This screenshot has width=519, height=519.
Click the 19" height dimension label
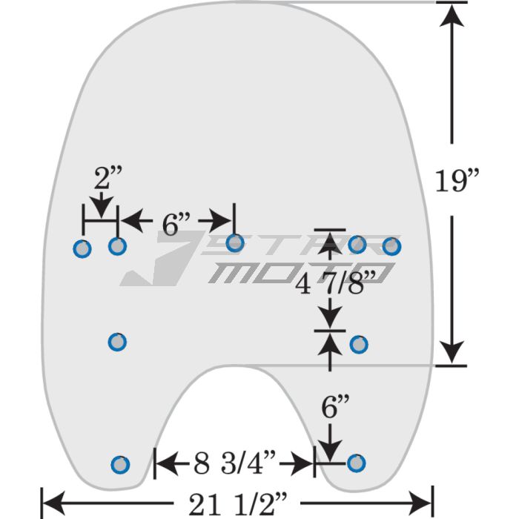457,180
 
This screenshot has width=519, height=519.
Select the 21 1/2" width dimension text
238,503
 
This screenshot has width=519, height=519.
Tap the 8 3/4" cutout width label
235,463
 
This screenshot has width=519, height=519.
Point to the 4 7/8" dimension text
336,283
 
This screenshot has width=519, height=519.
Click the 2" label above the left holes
108,177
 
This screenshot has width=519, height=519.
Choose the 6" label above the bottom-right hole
335,406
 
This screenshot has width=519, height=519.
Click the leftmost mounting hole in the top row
82,249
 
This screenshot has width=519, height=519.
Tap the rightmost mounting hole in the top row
392,246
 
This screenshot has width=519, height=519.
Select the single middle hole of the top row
235,243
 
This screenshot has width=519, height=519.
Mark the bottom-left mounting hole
120,465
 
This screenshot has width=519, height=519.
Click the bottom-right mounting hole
356,463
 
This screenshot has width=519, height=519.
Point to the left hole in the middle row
117,342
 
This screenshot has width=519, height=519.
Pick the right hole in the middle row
359,345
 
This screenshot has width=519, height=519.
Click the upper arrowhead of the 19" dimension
452,15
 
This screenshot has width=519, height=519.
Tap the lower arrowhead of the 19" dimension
452,352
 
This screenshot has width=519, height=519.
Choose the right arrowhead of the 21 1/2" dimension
420,503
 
